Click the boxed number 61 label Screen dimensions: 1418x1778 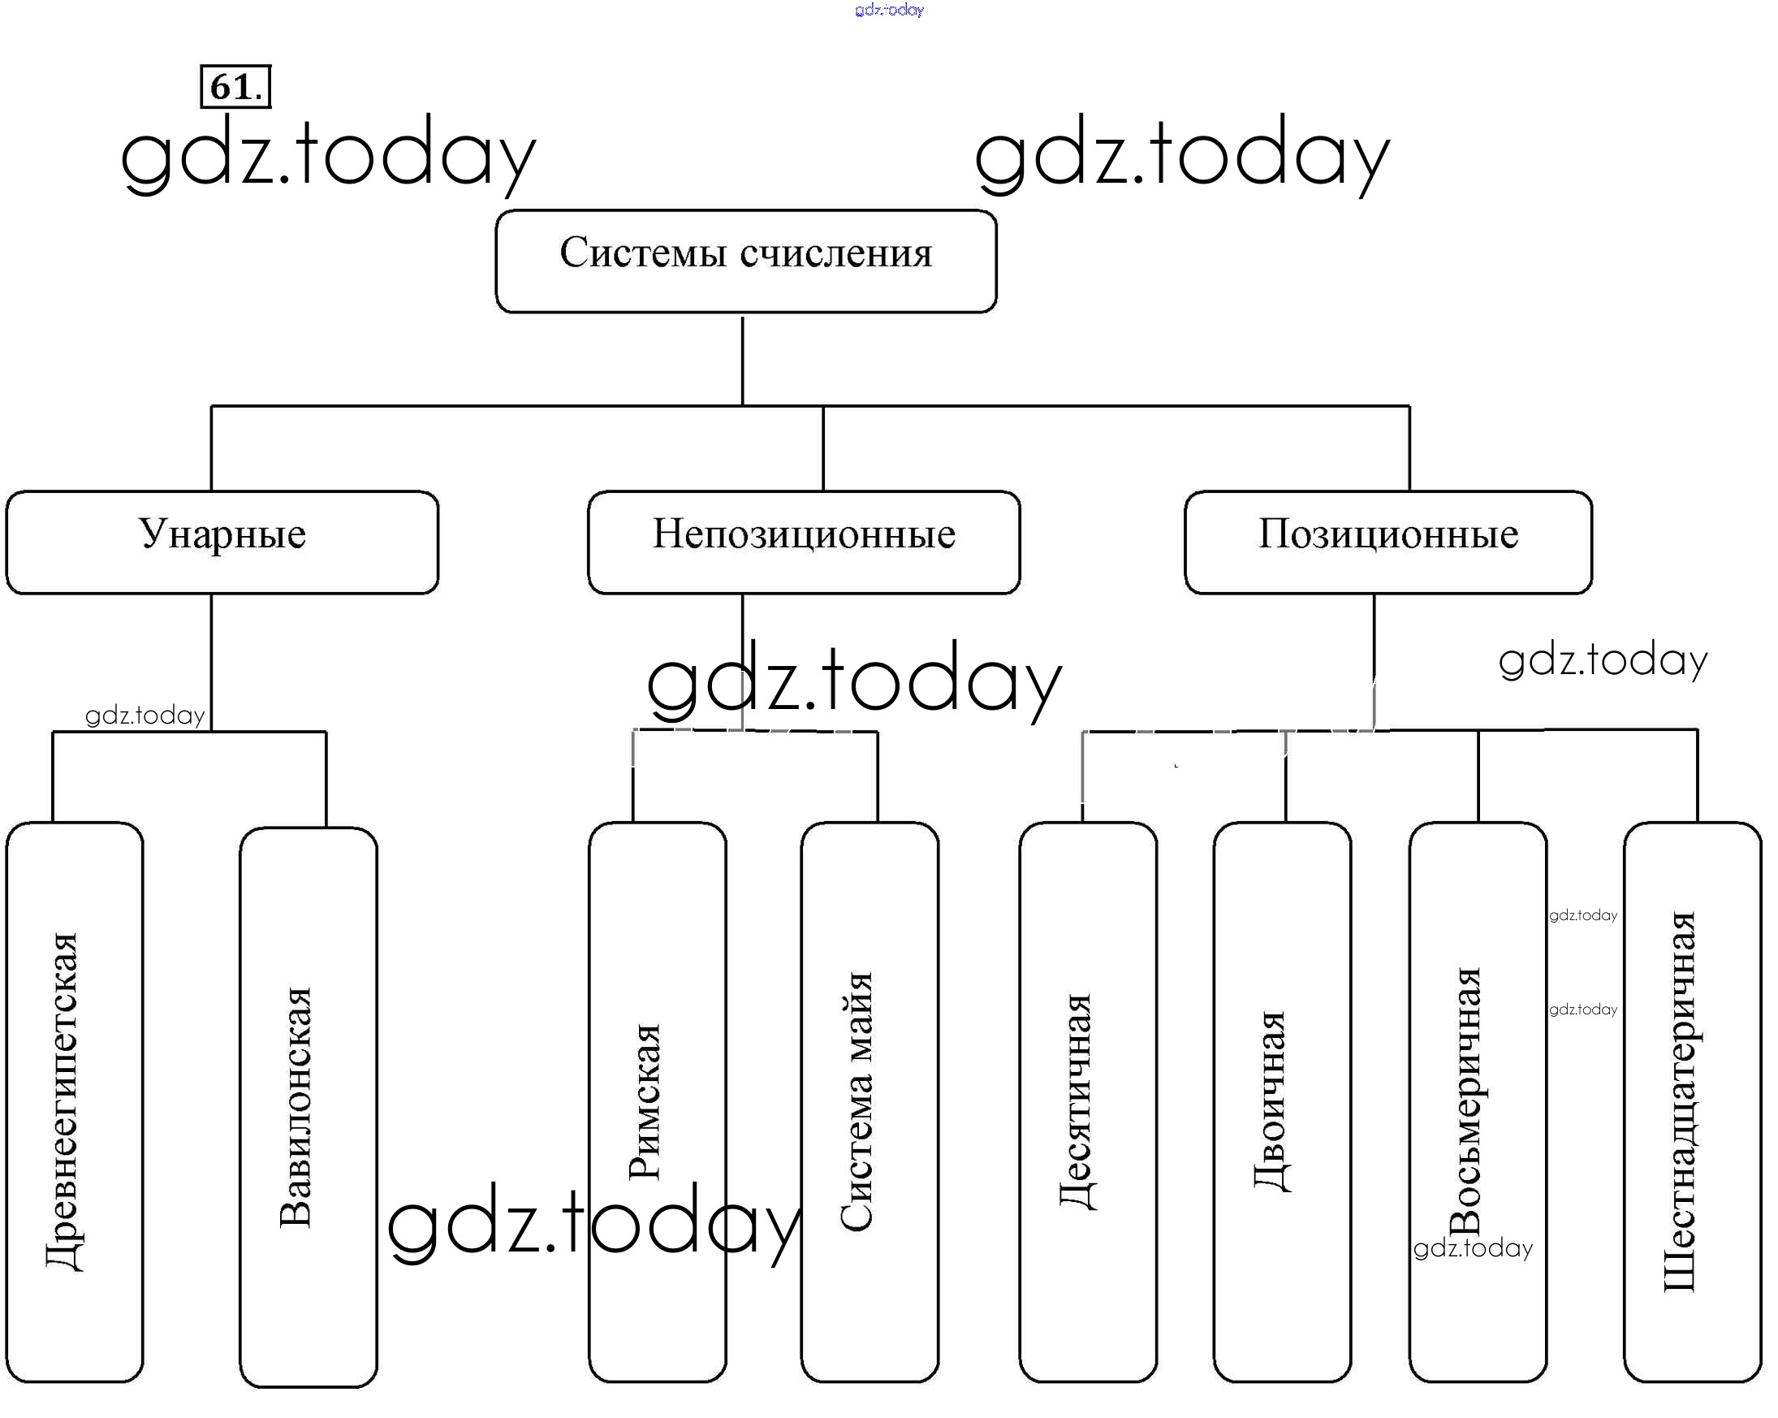[235, 87]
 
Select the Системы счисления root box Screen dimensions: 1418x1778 [745, 262]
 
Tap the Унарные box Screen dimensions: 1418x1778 [222, 542]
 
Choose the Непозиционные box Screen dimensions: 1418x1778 [803, 542]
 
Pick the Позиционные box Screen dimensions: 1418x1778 [1388, 542]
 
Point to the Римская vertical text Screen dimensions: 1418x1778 [644, 1101]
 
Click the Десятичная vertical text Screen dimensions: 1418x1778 [1077, 1101]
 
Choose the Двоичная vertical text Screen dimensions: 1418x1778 [1271, 1101]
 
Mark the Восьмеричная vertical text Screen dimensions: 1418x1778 [1465, 1101]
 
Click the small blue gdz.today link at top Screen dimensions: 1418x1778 [889, 10]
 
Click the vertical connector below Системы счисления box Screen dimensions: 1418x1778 [742, 361]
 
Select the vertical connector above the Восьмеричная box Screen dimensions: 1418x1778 [1478, 776]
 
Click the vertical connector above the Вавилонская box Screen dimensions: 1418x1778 [326, 779]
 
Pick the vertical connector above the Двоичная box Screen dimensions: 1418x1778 [1285, 776]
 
